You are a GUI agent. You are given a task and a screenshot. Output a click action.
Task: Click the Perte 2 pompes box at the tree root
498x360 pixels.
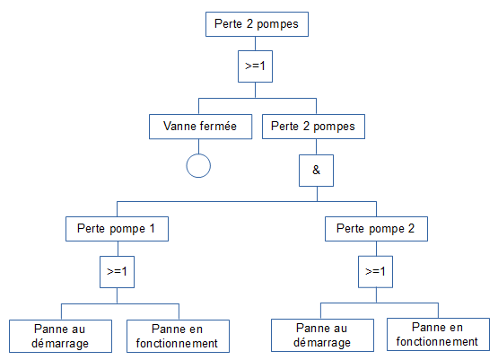tap(258, 24)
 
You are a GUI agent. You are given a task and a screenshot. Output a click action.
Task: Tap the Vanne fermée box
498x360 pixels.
tap(200, 127)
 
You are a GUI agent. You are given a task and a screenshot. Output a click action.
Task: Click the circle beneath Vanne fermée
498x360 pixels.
tap(197, 165)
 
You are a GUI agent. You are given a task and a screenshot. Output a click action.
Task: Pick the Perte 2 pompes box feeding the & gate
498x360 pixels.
tap(314, 127)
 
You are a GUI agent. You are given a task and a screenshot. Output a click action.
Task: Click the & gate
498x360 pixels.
tap(315, 169)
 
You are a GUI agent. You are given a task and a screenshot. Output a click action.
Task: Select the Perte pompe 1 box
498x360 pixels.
tap(117, 228)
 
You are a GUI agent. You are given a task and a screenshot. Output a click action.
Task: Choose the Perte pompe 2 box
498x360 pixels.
tap(375, 228)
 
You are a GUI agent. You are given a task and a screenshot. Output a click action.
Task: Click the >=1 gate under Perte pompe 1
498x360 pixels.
tap(117, 270)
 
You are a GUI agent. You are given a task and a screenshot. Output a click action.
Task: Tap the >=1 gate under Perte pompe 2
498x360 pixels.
tap(375, 270)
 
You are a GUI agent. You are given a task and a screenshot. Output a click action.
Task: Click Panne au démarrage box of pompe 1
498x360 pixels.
tap(61, 335)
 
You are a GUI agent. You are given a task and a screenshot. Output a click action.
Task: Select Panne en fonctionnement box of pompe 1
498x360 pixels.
tap(172, 335)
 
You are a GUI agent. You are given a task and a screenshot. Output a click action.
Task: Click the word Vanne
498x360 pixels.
tap(180, 127)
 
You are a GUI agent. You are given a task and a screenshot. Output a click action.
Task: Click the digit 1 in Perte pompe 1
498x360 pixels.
tap(152, 228)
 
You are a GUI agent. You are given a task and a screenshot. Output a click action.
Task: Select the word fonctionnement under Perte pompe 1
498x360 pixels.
tap(172, 343)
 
